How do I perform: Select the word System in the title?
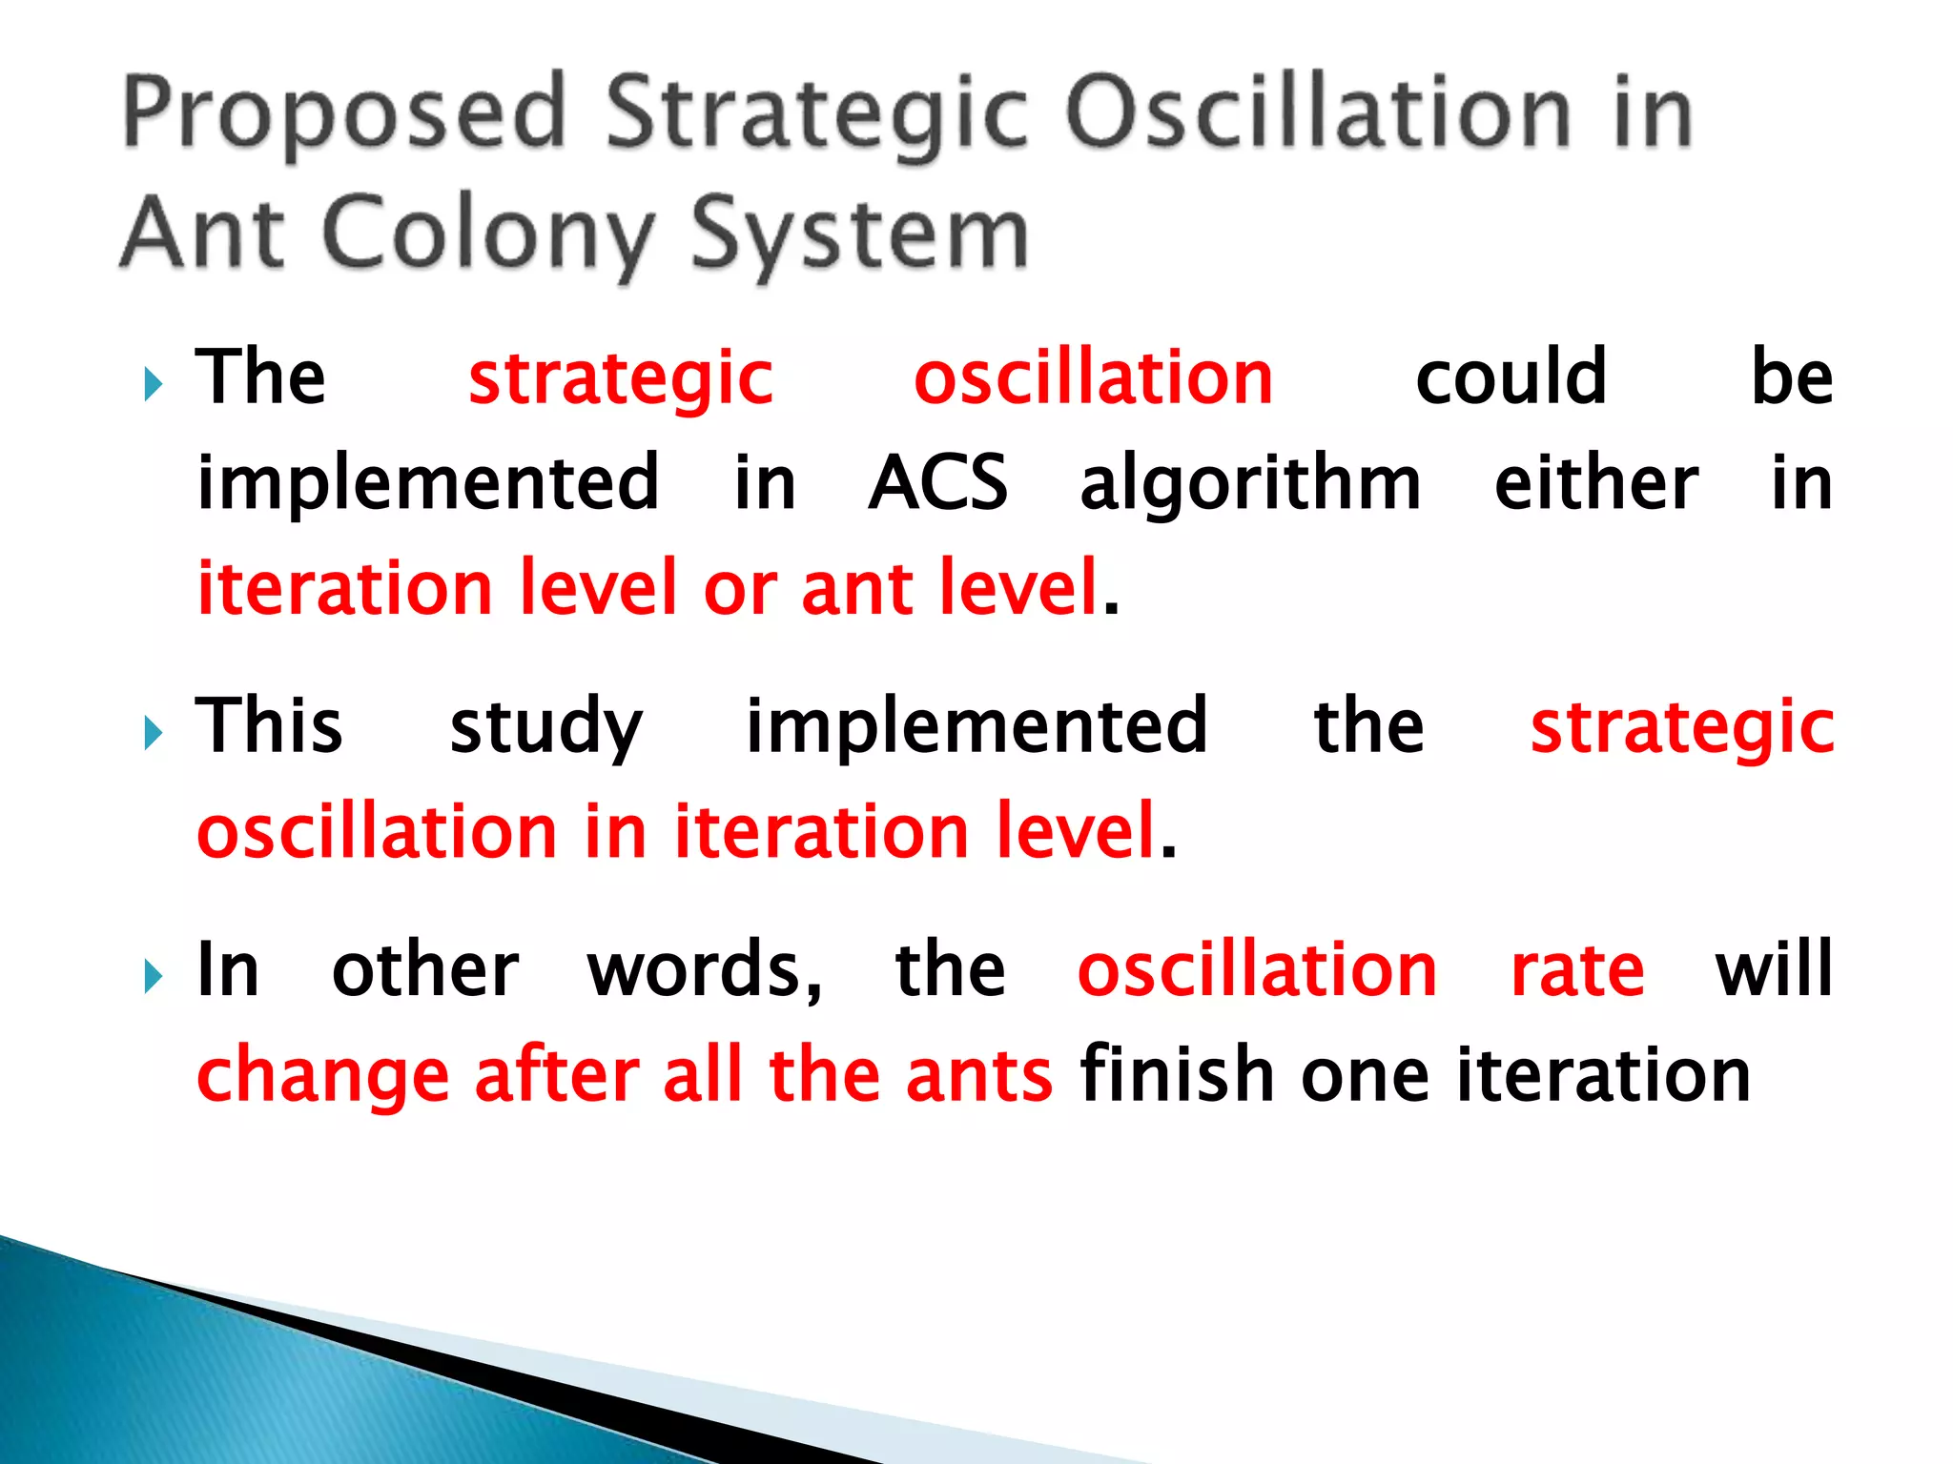pos(858,234)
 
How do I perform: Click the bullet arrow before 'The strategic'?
pos(153,385)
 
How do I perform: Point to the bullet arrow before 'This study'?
pos(153,734)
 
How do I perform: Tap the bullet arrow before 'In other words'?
pos(153,977)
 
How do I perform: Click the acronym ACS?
pos(937,482)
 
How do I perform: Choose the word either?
pos(1595,482)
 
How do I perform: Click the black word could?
pos(1511,377)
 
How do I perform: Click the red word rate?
pos(1577,971)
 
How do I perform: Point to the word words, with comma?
pos(705,971)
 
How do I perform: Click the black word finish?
pos(1177,1074)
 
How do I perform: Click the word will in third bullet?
pos(1774,969)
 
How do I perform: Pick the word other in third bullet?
pos(425,969)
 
